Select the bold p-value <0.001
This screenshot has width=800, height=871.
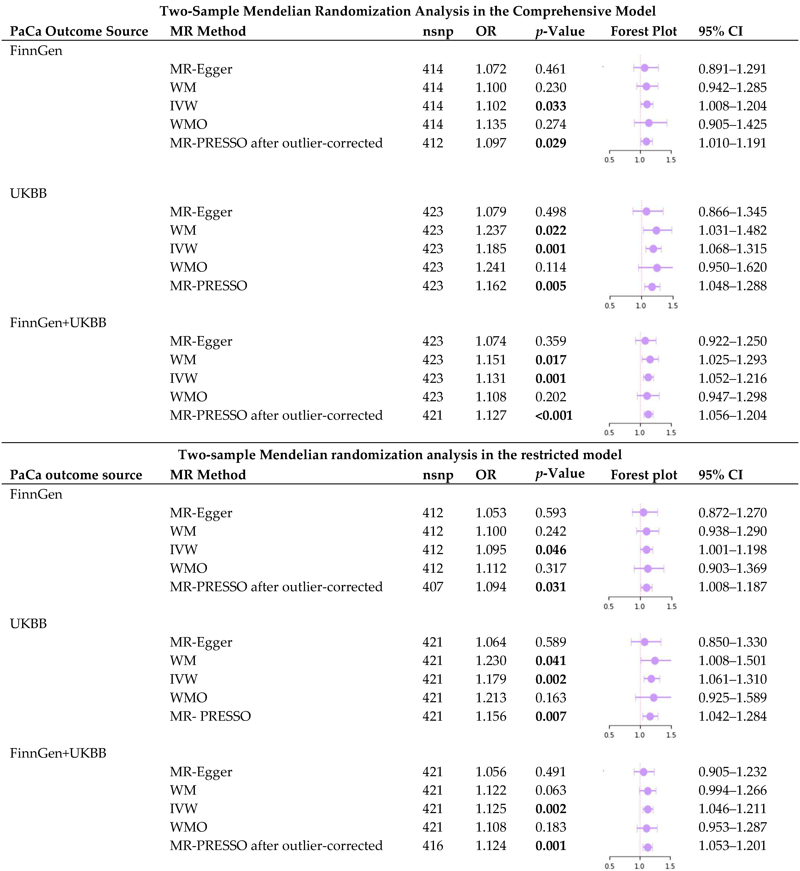pos(554,416)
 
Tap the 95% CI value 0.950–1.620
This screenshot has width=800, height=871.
pos(732,267)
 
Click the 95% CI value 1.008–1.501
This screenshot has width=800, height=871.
pos(732,661)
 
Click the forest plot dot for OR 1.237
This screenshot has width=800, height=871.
pos(656,230)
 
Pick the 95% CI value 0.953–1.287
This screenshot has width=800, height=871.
pos(732,827)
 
